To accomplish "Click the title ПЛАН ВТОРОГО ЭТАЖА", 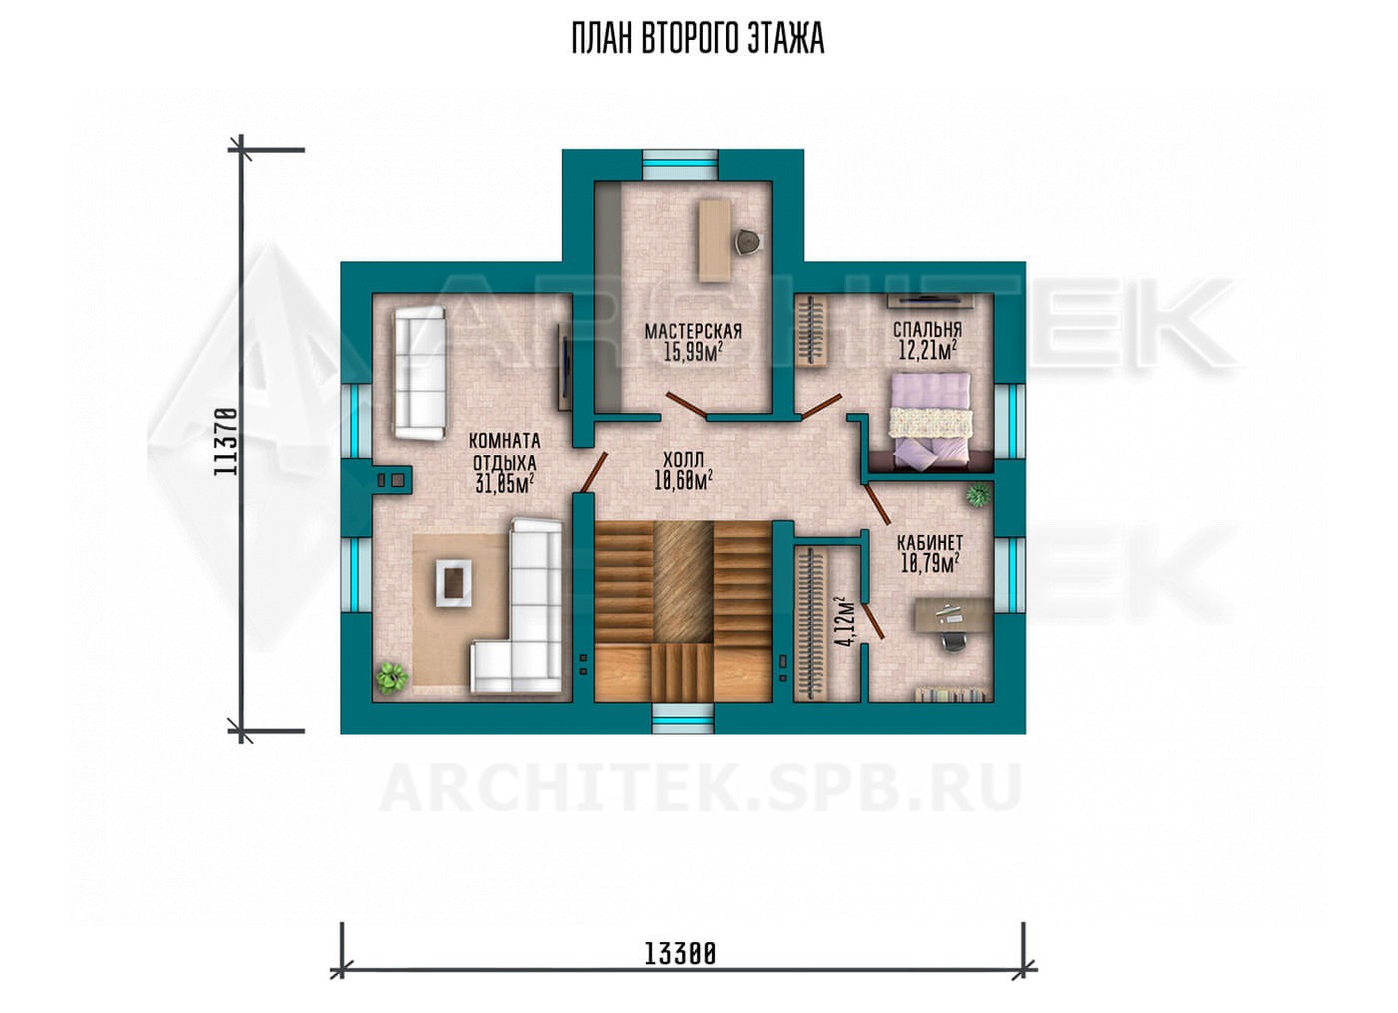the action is (x=698, y=39).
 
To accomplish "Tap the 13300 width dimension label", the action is (x=680, y=971).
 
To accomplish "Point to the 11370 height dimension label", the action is (x=226, y=441).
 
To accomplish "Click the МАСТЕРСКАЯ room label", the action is (x=693, y=330).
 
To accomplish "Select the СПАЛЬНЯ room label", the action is (x=928, y=329).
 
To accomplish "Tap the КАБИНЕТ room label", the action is (x=930, y=541).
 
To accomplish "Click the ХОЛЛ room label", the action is (x=683, y=460).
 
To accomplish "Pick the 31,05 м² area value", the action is (x=505, y=483).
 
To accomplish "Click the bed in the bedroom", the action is (x=930, y=421).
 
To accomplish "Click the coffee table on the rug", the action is (x=453, y=583).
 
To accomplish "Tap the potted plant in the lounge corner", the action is (x=392, y=677).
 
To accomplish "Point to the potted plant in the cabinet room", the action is (x=978, y=496).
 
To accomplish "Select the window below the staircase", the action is (x=683, y=718).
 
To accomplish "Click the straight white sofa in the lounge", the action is (x=419, y=373).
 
